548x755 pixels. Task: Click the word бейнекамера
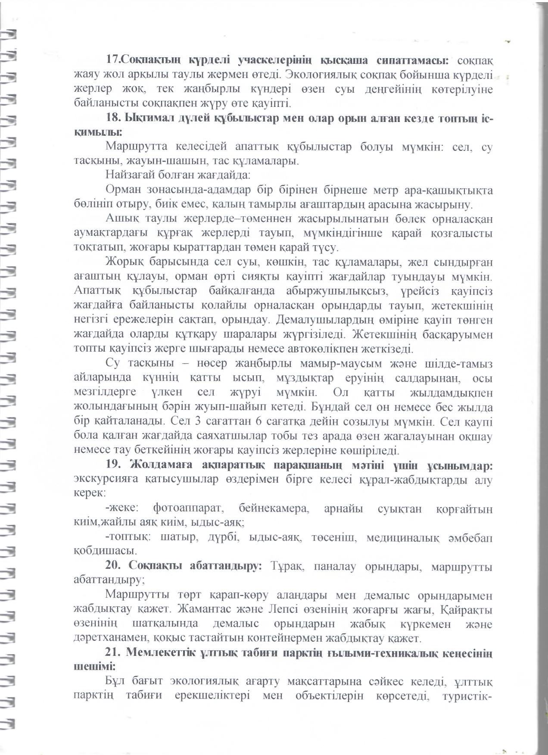click(x=274, y=509)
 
